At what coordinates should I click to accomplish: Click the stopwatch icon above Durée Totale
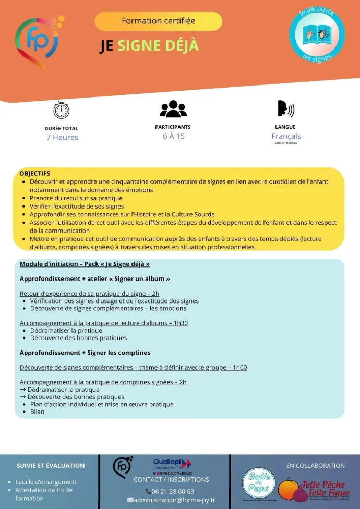click(x=62, y=110)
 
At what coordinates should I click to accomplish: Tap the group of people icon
click(x=173, y=108)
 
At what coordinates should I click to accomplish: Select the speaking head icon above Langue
click(x=285, y=108)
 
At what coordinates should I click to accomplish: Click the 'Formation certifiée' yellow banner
click(x=158, y=21)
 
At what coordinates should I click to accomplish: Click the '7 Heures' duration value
click(x=62, y=137)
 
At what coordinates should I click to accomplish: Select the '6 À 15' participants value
click(x=173, y=136)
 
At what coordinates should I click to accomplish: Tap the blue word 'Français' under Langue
click(x=286, y=136)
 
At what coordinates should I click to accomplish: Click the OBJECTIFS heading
click(x=34, y=173)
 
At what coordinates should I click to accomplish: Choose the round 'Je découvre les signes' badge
click(x=317, y=35)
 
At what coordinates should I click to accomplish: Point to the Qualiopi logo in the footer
click(x=172, y=465)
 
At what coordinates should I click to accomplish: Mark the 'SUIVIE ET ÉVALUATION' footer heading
click(x=51, y=466)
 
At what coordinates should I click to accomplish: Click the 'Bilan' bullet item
click(x=37, y=411)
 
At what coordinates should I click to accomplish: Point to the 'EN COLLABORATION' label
click(x=315, y=466)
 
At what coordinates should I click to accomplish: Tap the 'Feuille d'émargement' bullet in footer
click(x=46, y=482)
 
